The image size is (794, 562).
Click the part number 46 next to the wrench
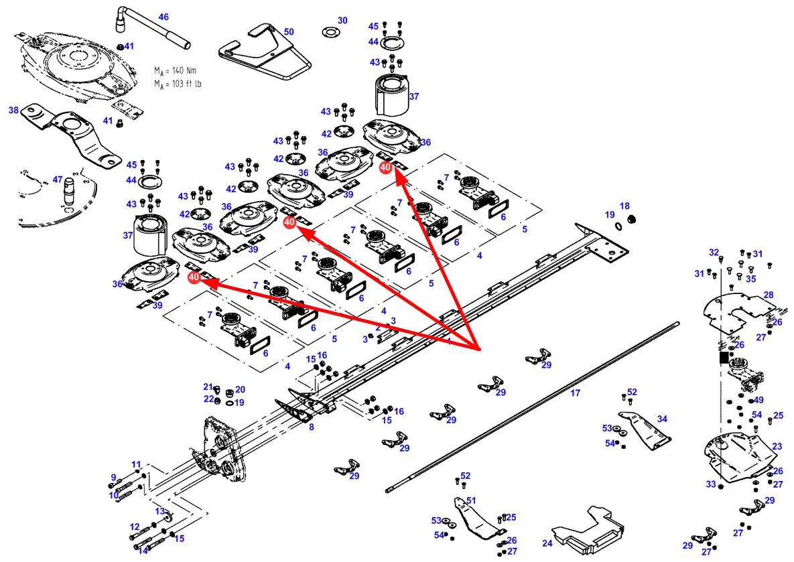[x=163, y=17]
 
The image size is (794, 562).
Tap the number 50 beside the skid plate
[x=289, y=31]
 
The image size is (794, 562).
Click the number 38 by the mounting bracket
[x=13, y=110]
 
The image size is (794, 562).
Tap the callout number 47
[x=58, y=180]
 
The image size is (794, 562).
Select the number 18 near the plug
[x=624, y=206]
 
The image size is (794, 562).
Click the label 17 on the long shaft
[x=575, y=393]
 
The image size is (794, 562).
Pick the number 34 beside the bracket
[x=662, y=419]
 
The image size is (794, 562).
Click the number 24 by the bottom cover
[x=547, y=543]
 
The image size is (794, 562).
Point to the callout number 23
[x=777, y=446]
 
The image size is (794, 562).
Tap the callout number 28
[x=769, y=295]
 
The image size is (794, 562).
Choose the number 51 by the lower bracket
[x=471, y=500]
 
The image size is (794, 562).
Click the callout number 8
[x=311, y=427]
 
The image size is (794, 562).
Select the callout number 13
[x=160, y=511]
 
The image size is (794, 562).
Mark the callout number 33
[x=711, y=484]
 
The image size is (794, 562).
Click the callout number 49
[x=758, y=400]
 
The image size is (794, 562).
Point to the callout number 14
[x=143, y=551]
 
